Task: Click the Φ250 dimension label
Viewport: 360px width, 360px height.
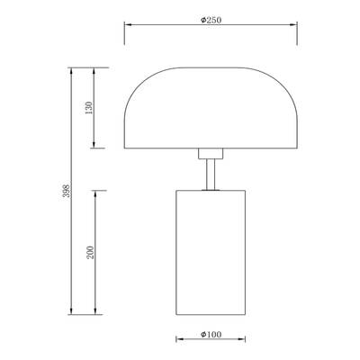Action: pos(211,20)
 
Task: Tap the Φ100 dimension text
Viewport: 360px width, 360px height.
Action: pos(211,334)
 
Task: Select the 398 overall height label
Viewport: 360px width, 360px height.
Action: pos(67,191)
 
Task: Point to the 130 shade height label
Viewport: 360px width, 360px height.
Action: pos(89,108)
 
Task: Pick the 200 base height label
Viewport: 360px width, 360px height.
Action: pos(90,253)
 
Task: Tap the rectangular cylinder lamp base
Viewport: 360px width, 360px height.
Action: pos(211,252)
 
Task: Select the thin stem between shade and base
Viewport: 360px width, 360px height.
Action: pos(211,175)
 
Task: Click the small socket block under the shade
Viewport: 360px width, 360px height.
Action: pos(211,154)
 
